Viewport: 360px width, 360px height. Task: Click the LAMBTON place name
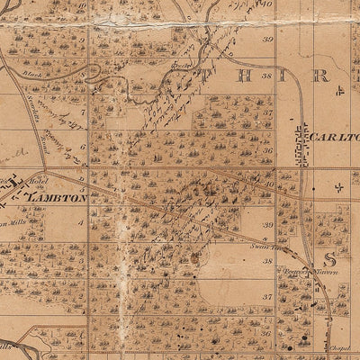point(57,195)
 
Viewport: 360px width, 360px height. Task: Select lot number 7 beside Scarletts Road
point(83,114)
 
